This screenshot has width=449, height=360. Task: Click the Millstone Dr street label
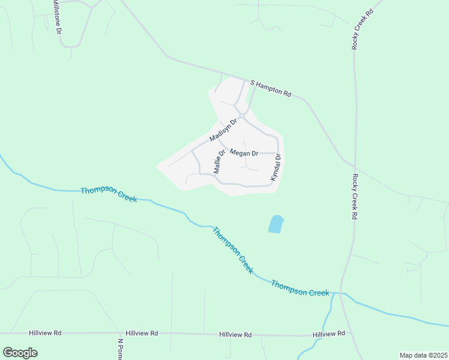pyautogui.click(x=56, y=17)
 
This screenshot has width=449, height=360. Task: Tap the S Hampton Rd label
pyautogui.click(x=270, y=89)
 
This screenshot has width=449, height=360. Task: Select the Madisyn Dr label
pyautogui.click(x=224, y=130)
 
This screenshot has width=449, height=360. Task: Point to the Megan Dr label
pyautogui.click(x=244, y=153)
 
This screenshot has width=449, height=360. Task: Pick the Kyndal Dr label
pyautogui.click(x=276, y=168)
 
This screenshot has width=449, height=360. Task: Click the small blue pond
pyautogui.click(x=276, y=224)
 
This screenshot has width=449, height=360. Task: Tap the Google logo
pyautogui.click(x=20, y=353)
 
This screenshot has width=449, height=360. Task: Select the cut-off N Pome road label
pyautogui.click(x=120, y=349)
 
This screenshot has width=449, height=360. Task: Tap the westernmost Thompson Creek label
pyautogui.click(x=109, y=194)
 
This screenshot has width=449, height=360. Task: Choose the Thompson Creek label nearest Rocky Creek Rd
pyautogui.click(x=300, y=288)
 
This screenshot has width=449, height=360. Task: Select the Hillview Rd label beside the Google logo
pyautogui.click(x=45, y=332)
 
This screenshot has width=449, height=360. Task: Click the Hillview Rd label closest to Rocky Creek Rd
pyautogui.click(x=328, y=333)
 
